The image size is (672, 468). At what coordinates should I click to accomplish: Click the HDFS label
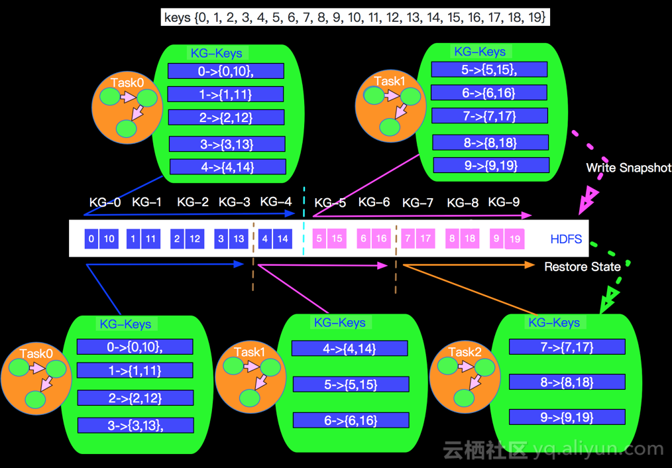point(566,239)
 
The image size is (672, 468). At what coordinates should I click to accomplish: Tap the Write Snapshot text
point(628,168)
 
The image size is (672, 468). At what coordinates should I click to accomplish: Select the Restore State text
point(582,266)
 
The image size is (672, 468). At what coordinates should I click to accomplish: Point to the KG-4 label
point(276,202)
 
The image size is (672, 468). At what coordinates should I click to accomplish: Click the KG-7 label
point(418,202)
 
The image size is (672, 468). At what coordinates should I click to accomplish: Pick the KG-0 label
point(105,202)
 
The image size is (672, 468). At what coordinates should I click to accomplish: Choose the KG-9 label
point(504,202)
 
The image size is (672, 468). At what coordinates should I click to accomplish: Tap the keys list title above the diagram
point(355,17)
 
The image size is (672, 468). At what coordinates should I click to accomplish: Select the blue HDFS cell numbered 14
point(283,239)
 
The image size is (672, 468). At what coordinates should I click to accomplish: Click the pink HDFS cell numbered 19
point(514,239)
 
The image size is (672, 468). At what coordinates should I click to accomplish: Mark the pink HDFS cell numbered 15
point(337,239)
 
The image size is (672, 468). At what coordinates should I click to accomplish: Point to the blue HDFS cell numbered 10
point(109,239)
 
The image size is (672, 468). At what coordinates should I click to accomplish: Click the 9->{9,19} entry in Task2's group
point(567,417)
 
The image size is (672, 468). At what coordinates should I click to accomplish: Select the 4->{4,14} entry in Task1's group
point(350,349)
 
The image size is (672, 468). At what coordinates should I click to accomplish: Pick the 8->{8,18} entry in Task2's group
point(567,382)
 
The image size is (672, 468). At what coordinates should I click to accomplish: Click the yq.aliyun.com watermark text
point(596,449)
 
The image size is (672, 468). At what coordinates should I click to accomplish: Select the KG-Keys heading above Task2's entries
point(554,323)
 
